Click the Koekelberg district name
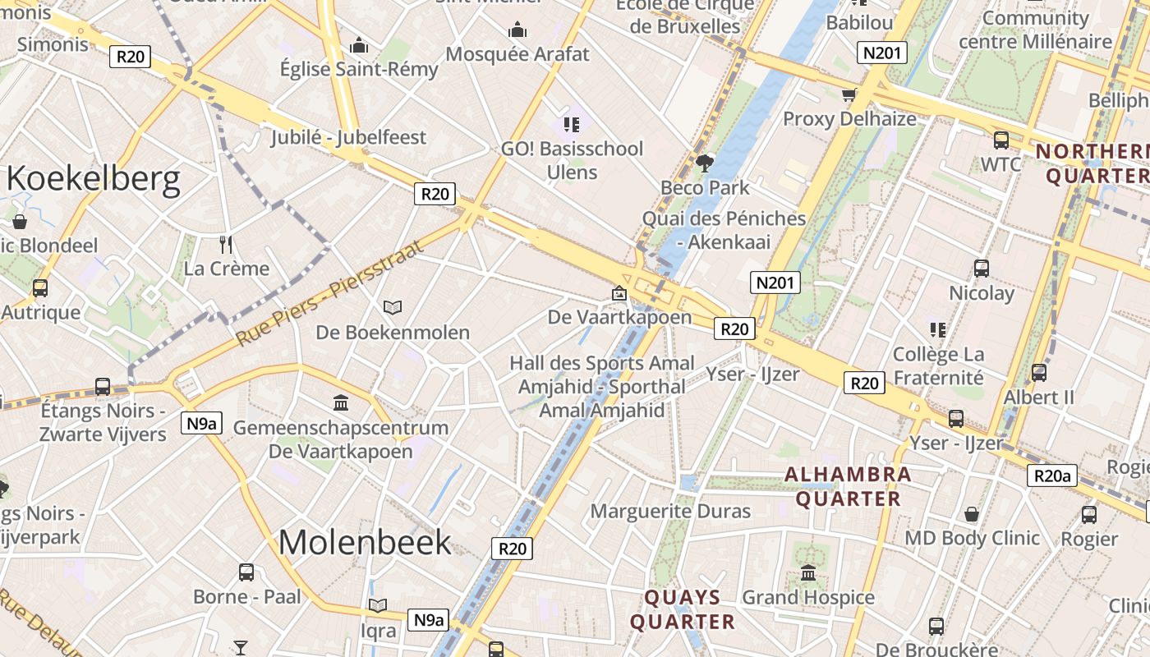click(93, 180)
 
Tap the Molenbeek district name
click(365, 542)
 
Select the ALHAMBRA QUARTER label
click(848, 486)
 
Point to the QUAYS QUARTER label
click(682, 609)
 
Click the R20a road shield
click(1052, 476)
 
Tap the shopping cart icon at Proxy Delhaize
click(849, 94)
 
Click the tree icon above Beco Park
click(704, 163)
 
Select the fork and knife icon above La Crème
click(227, 244)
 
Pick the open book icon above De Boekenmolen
click(393, 308)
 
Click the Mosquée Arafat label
click(517, 54)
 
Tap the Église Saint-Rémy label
click(359, 69)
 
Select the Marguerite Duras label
click(670, 511)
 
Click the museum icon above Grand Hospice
click(808, 572)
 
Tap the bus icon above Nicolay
click(981, 268)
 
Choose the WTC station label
click(1000, 164)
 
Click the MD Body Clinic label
click(972, 539)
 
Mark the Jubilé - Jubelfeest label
click(349, 137)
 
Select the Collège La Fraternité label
click(938, 366)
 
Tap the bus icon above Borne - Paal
click(246, 572)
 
